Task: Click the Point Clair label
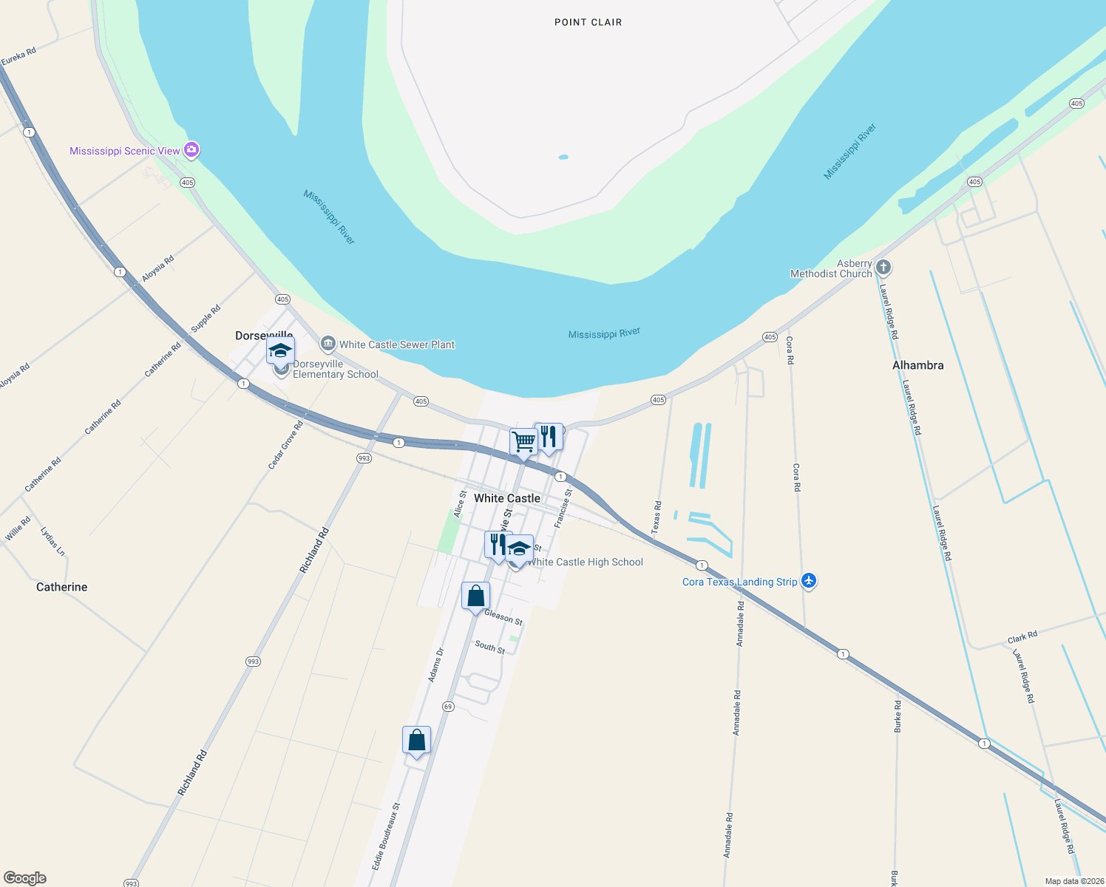click(588, 22)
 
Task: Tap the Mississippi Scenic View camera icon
click(191, 150)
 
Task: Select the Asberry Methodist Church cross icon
click(883, 267)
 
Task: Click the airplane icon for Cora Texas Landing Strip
click(809, 581)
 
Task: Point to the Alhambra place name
click(917, 365)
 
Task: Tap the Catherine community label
click(61, 587)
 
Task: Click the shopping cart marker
click(523, 442)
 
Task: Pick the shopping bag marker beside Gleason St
click(475, 596)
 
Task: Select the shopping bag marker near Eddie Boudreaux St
click(416, 740)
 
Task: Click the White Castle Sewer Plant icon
click(328, 344)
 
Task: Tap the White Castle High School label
click(585, 562)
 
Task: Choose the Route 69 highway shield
click(448, 707)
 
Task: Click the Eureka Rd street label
click(18, 57)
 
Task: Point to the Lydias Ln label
click(52, 542)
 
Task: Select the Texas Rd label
click(657, 517)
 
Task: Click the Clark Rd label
click(1022, 637)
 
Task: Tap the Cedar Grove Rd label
click(285, 445)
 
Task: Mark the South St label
click(489, 647)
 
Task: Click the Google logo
click(25, 878)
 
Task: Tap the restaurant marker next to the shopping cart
click(549, 437)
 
